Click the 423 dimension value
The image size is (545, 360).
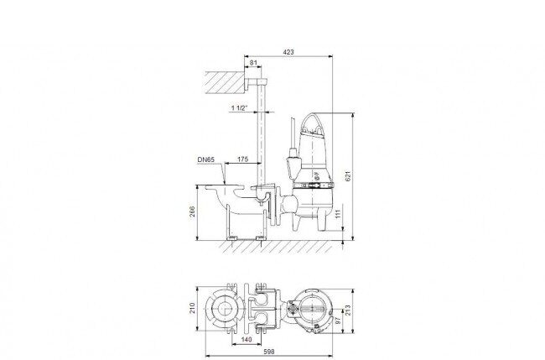coord(288,52)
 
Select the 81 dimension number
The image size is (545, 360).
coord(253,63)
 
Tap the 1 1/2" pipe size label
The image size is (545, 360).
coord(239,108)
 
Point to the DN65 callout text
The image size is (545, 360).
coord(206,159)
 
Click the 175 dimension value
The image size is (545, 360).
coord(242,159)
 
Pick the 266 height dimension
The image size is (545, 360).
coord(192,211)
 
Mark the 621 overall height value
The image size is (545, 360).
coord(349,175)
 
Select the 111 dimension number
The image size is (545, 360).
coord(338,214)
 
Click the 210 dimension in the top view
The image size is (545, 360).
coord(192,308)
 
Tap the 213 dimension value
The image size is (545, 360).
coord(348,310)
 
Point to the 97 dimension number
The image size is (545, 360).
coord(336,321)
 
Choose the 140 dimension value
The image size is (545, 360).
coord(246,340)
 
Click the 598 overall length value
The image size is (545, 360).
coord(268,352)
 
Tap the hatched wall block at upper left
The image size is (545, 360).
coord(225,82)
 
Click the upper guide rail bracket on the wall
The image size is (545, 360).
coord(257,83)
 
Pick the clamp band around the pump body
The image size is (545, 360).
coord(313,185)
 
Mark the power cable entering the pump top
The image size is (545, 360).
coord(293,134)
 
